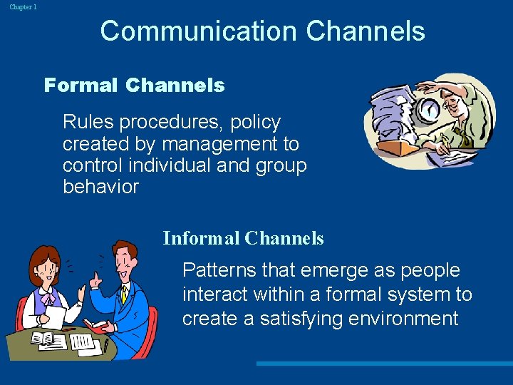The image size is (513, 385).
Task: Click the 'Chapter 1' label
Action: click(23, 6)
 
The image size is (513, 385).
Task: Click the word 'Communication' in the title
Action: click(197, 31)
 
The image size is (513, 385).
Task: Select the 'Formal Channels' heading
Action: click(134, 86)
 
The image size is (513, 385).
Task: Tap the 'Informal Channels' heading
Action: click(243, 238)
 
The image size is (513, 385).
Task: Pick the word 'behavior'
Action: click(100, 188)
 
